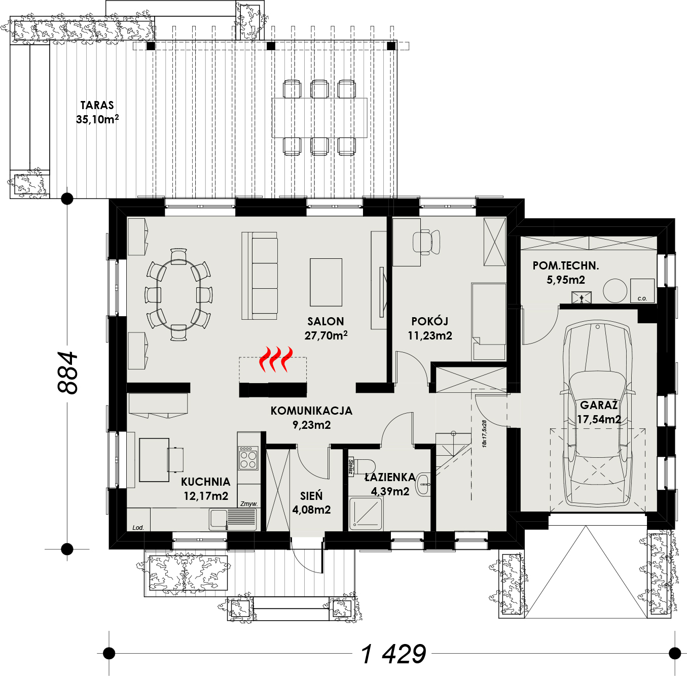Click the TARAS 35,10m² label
pos(97,112)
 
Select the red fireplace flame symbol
pos(276,359)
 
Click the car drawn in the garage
pos(598,415)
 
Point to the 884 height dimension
pos(67,373)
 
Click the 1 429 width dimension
pos(393,654)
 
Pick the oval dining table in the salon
pos(178,294)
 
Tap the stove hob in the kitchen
pos(248,458)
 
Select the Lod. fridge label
pos(138,527)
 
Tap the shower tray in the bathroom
pos(366,514)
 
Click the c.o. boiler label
pos(642,298)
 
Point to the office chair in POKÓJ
pos(426,243)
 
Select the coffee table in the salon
pos(326,282)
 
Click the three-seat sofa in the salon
pos(260,276)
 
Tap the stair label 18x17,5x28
pos(484,433)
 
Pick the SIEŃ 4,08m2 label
pos(312,502)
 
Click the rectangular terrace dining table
pos(319,118)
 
